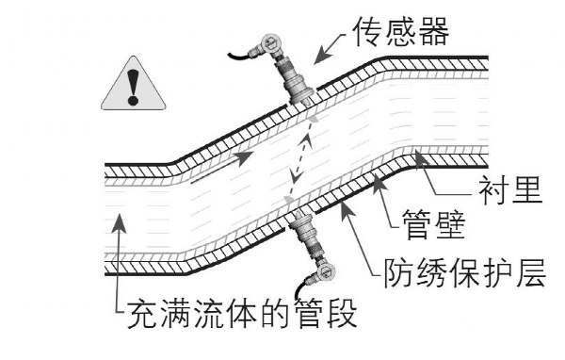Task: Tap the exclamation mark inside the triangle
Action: [x=133, y=86]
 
